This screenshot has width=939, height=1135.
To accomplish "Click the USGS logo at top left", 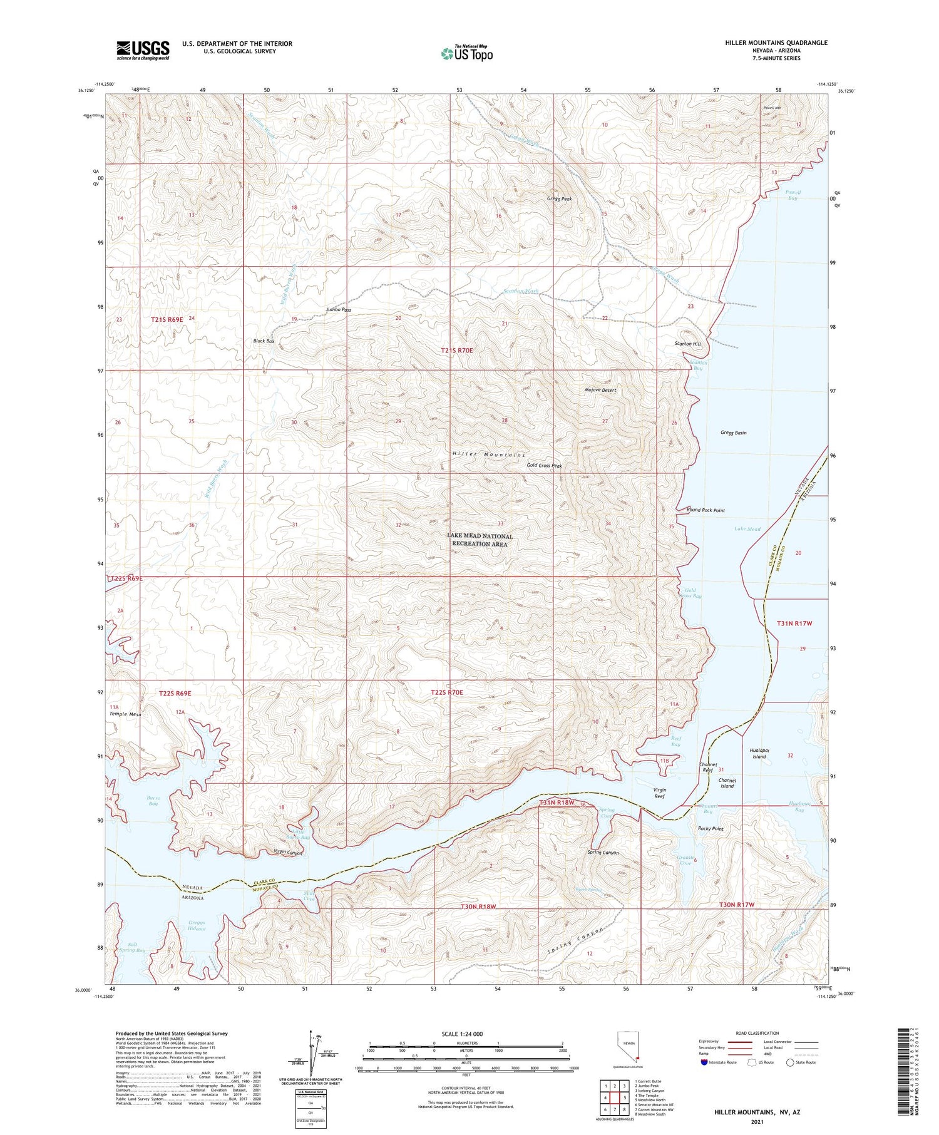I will (x=143, y=50).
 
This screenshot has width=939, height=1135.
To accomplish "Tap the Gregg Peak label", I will (x=559, y=199).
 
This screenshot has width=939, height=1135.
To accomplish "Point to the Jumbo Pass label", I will (x=338, y=310).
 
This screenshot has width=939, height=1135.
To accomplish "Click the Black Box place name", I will (x=264, y=341).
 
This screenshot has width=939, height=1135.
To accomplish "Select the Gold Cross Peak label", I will (x=544, y=466).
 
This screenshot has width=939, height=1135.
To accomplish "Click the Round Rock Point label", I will (x=706, y=510).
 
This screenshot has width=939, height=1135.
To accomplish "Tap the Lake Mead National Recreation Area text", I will (x=480, y=540).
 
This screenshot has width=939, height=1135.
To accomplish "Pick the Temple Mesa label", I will (x=125, y=714).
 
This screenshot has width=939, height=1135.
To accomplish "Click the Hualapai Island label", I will (x=759, y=753).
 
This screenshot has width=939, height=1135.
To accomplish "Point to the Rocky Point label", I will (x=711, y=828).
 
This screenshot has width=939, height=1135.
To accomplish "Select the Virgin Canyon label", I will (x=289, y=852).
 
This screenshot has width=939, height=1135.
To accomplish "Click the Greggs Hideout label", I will (x=197, y=925).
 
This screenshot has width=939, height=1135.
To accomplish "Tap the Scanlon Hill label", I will (x=687, y=344).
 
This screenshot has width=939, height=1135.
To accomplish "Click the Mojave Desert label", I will (x=600, y=390).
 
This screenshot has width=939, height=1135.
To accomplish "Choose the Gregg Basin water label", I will (x=733, y=433).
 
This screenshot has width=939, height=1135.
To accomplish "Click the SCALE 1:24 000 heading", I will (x=466, y=1034).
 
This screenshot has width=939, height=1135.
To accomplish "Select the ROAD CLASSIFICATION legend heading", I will (x=757, y=1033).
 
